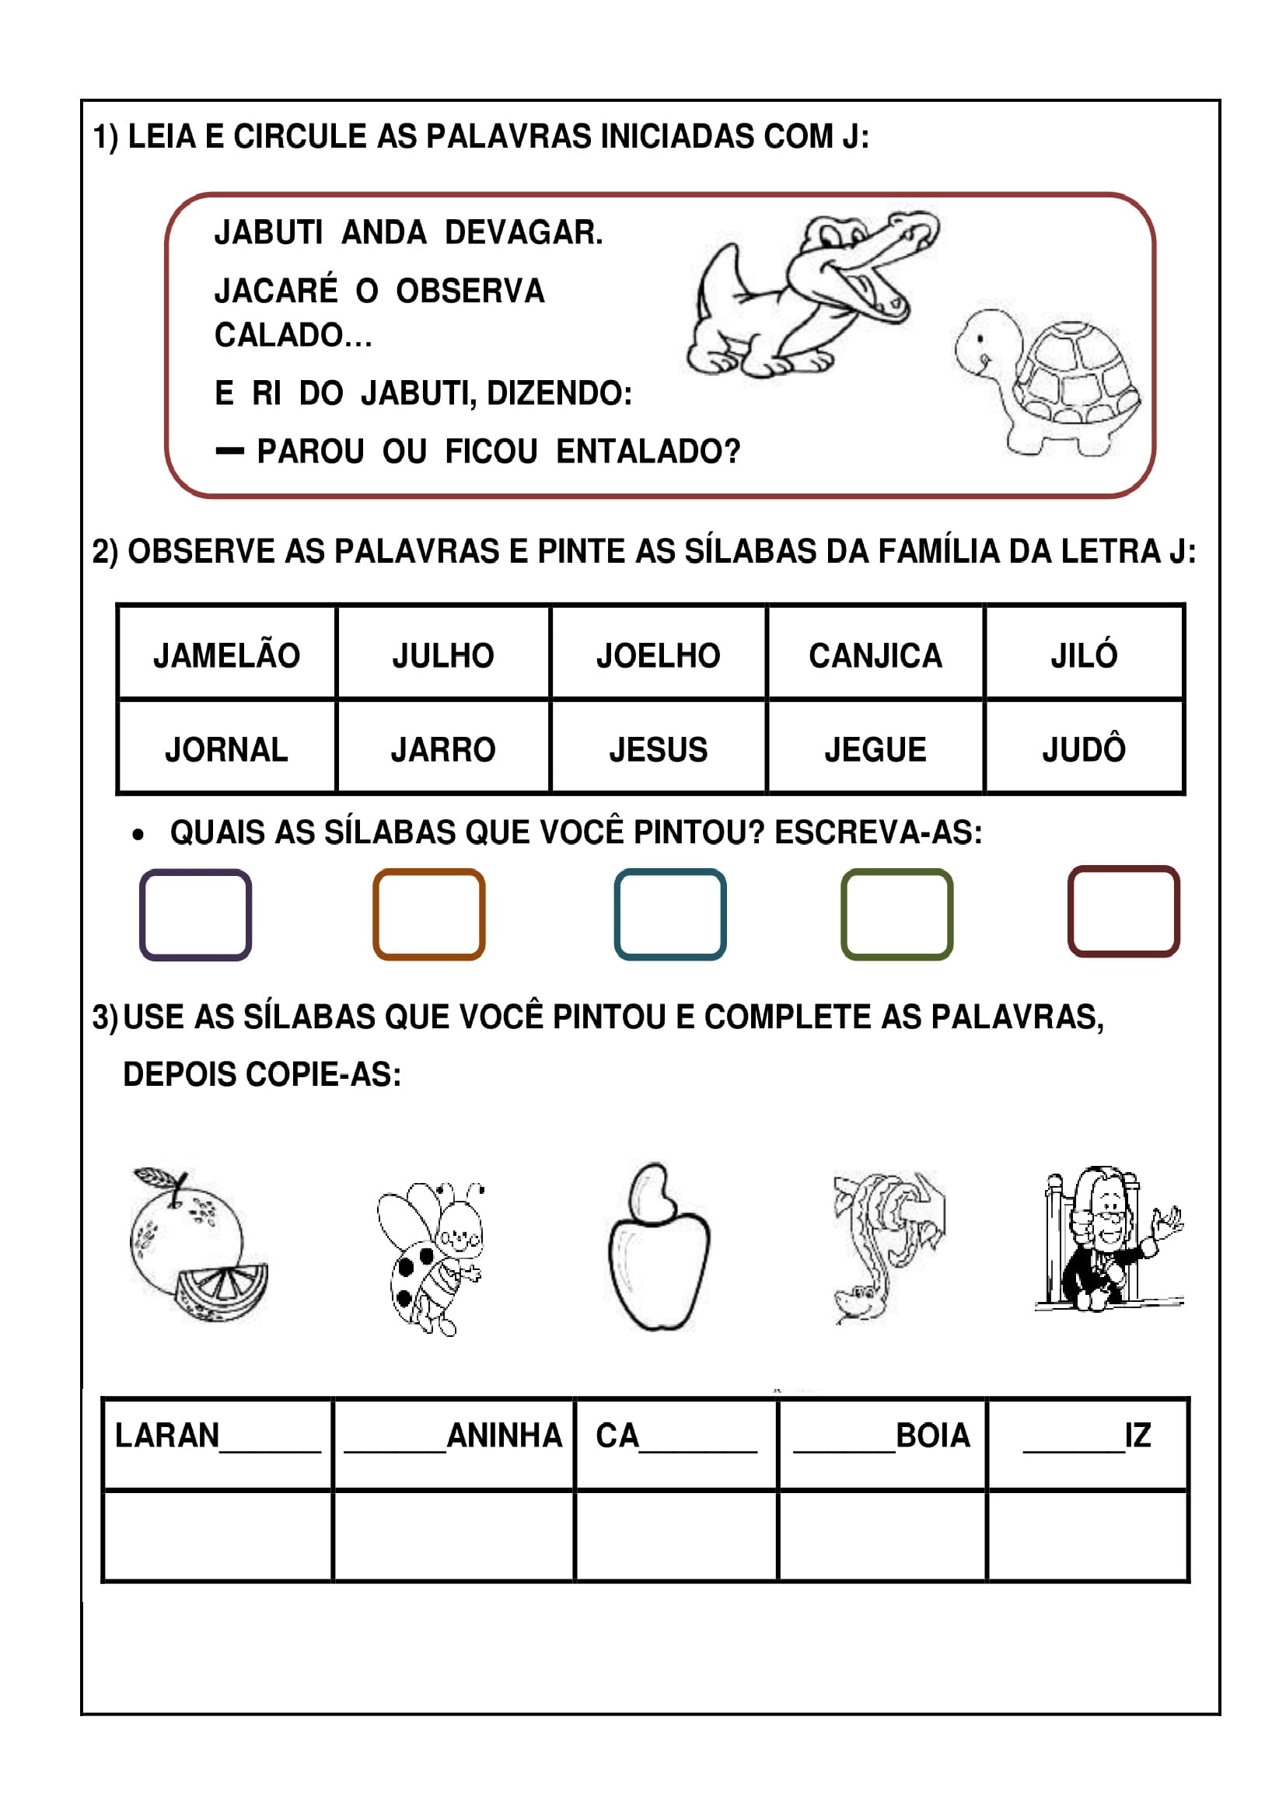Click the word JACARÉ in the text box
click(275, 291)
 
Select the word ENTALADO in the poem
click(647, 452)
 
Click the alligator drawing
click(808, 297)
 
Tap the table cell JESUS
click(658, 748)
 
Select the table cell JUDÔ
click(1083, 748)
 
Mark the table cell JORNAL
click(226, 748)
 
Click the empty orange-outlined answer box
click(428, 914)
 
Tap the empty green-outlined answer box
click(896, 914)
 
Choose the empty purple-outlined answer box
click(196, 914)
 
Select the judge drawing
click(1109, 1240)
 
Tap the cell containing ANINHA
click(454, 1436)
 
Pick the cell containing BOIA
click(882, 1436)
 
